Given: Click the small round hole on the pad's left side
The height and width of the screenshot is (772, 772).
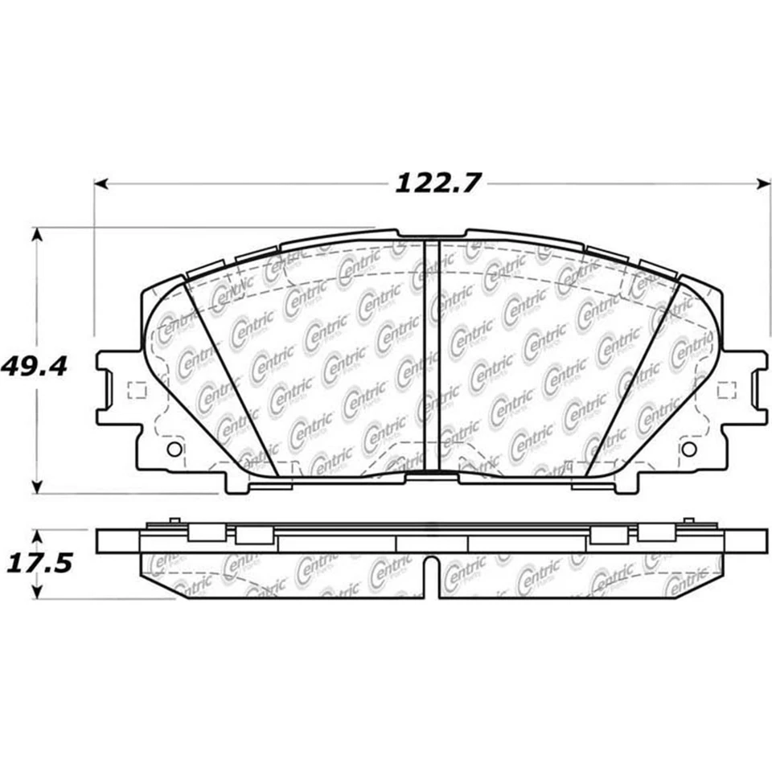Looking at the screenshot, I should tap(174, 449).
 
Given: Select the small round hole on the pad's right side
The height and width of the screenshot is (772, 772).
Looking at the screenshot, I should tap(689, 449).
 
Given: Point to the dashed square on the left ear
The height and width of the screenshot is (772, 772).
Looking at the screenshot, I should tap(137, 391).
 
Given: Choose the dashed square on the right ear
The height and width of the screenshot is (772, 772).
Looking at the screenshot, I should tap(727, 391).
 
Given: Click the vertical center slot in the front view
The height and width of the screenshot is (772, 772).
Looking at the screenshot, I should tap(430, 358).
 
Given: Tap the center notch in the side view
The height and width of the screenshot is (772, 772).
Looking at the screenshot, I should tap(431, 576).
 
